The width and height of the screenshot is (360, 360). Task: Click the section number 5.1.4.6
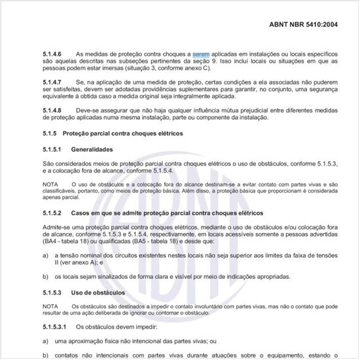pos(53,52)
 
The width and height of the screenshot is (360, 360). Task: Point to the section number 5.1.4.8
pos(53,110)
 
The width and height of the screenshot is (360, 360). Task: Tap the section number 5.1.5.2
pos(51,213)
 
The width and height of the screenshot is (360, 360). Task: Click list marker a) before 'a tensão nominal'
pos(45,256)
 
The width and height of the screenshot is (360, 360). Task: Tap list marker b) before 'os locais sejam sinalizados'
pos(45,276)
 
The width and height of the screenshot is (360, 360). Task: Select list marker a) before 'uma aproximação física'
pos(45,340)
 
